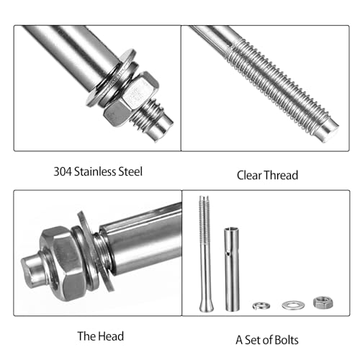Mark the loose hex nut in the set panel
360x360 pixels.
click(x=320, y=303)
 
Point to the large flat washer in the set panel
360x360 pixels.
click(x=292, y=305)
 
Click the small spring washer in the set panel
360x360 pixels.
click(x=261, y=306)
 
